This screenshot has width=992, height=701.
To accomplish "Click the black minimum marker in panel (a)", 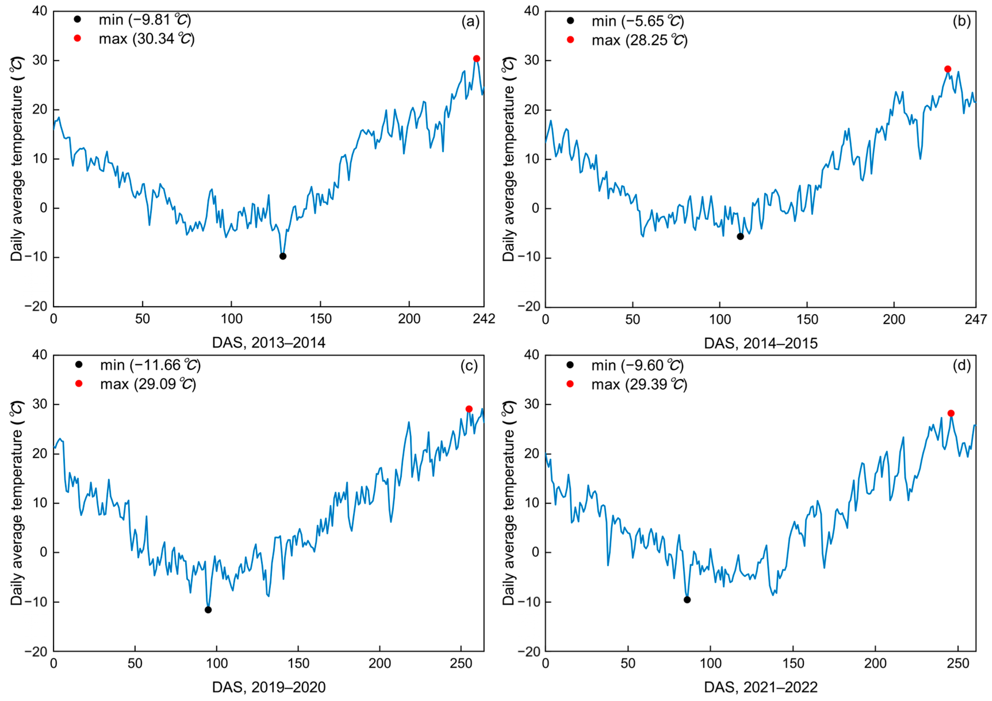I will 283,256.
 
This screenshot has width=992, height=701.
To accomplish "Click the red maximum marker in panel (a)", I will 477,59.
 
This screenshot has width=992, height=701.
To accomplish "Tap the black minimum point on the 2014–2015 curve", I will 740,236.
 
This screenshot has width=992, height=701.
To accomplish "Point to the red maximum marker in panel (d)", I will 951,413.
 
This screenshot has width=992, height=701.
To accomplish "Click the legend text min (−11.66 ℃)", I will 150,365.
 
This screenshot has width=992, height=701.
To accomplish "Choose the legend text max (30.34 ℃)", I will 147,39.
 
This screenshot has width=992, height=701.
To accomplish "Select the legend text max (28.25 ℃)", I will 640,40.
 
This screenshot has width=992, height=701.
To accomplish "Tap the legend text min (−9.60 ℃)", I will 637,365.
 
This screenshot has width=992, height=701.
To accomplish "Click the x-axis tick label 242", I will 484,319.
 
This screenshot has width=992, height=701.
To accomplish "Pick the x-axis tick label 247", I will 976,320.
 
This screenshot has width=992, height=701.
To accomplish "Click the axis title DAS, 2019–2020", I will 269,687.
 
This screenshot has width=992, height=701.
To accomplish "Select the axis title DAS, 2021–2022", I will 761,687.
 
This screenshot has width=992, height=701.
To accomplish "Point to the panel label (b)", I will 962,21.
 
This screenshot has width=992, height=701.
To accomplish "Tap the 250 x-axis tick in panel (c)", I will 461,663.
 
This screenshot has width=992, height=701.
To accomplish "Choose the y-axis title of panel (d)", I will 509,503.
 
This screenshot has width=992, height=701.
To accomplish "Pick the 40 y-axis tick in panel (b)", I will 532,11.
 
